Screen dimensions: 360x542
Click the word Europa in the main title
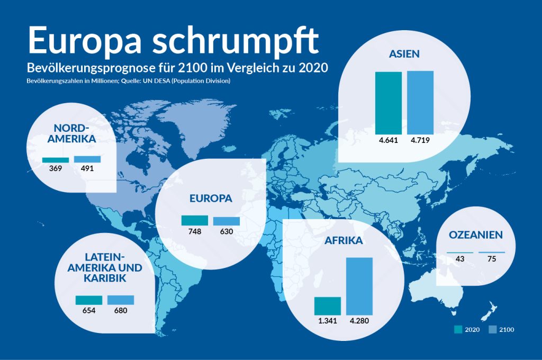[x=84, y=40]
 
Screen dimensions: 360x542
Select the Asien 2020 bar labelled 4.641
[x=389, y=103]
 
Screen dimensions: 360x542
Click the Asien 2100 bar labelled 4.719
[x=420, y=102]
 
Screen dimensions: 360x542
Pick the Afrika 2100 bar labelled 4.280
[x=359, y=286]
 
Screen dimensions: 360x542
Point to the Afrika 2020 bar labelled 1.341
[x=328, y=306]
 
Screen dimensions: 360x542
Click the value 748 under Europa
[x=195, y=231]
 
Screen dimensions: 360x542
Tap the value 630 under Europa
[x=227, y=231]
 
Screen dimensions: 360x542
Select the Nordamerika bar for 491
[x=87, y=159]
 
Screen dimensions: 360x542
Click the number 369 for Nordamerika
[x=56, y=169]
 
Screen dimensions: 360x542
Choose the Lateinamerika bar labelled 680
[x=121, y=300]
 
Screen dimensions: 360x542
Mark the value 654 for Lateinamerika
[x=89, y=310]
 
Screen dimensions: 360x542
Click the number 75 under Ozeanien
[x=492, y=259]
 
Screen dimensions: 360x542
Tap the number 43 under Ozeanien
[x=460, y=259]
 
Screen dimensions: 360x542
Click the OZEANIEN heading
[x=475, y=235]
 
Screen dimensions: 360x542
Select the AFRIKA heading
[x=344, y=240]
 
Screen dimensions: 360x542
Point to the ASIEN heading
[x=404, y=54]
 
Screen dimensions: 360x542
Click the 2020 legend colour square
[x=458, y=330]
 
